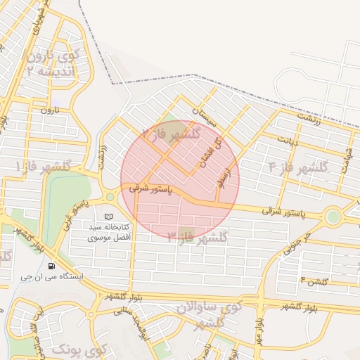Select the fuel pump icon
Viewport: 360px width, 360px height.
51,266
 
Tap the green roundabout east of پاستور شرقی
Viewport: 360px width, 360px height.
333,217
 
